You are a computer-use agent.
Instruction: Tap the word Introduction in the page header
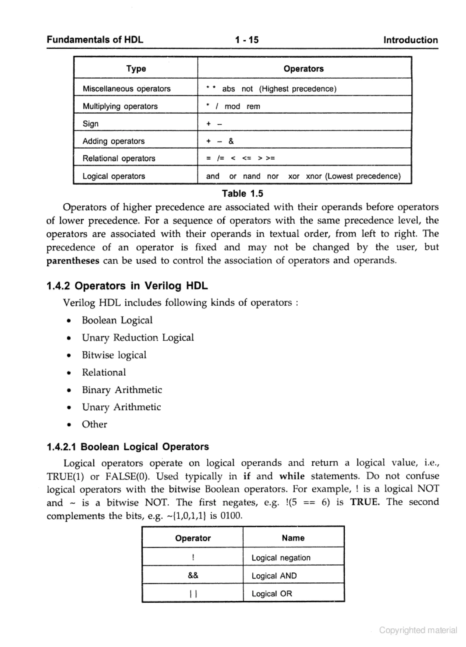point(410,40)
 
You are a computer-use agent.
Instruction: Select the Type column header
point(136,68)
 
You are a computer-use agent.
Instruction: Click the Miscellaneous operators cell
point(127,89)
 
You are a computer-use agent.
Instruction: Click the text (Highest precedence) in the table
point(298,89)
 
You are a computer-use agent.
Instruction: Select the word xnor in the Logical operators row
point(314,176)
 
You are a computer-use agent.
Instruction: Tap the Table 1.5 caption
point(243,193)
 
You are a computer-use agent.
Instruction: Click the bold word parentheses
point(73,261)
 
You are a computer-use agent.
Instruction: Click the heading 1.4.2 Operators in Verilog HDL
point(127,286)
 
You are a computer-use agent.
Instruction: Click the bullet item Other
point(94,424)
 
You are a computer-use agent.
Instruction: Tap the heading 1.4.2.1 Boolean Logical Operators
point(128,447)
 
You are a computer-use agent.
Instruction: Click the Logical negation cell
point(281,558)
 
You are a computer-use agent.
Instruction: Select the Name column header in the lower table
point(293,538)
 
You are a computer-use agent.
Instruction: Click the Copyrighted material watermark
point(418,630)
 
